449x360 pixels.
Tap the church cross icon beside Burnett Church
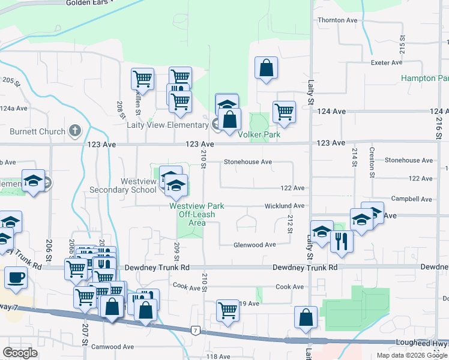click(75, 130)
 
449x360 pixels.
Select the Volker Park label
click(259, 135)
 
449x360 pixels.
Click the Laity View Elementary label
click(167, 125)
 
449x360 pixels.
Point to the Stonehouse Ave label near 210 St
click(248, 162)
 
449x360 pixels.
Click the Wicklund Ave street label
click(285, 206)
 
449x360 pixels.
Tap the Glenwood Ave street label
click(254, 245)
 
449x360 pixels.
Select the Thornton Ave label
click(338, 20)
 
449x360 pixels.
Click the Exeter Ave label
click(387, 62)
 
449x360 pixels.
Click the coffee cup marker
click(16, 278)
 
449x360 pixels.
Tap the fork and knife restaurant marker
click(342, 241)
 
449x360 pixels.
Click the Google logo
click(20, 353)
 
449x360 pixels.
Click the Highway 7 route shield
click(196, 330)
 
